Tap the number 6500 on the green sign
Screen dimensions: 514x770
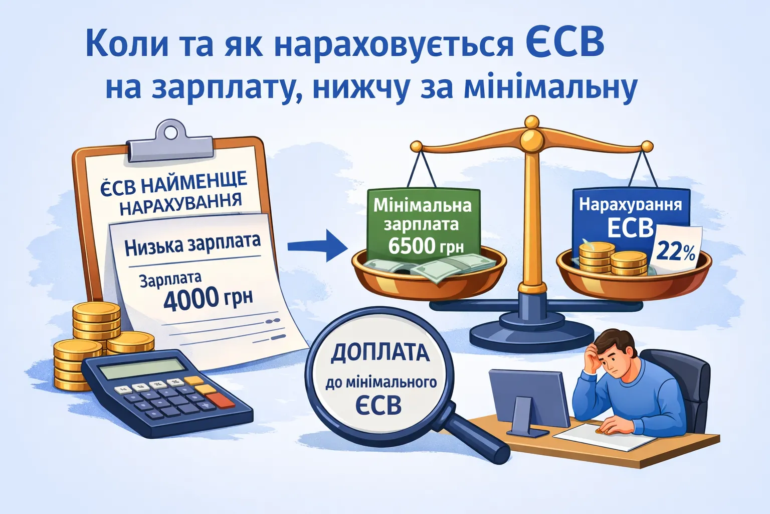click(411, 246)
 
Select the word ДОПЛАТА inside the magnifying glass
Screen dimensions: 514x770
click(380, 353)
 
